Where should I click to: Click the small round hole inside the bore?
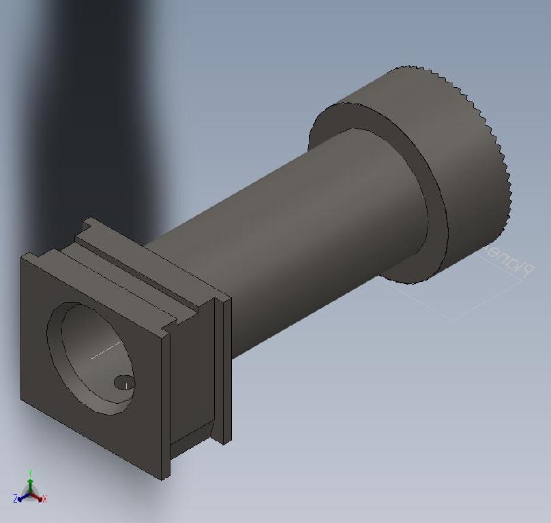(x=123, y=383)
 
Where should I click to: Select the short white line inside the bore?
(x=106, y=351)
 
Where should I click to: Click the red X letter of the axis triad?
(x=44, y=499)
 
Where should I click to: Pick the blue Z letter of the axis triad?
(x=15, y=499)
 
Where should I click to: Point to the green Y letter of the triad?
(x=30, y=472)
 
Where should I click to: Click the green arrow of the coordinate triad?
(x=30, y=481)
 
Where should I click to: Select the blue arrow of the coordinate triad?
(x=23, y=496)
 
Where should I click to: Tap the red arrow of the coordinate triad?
(x=38, y=496)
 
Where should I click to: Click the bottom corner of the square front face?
(x=162, y=479)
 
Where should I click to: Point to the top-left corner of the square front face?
(x=23, y=256)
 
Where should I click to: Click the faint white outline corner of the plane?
(x=451, y=319)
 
